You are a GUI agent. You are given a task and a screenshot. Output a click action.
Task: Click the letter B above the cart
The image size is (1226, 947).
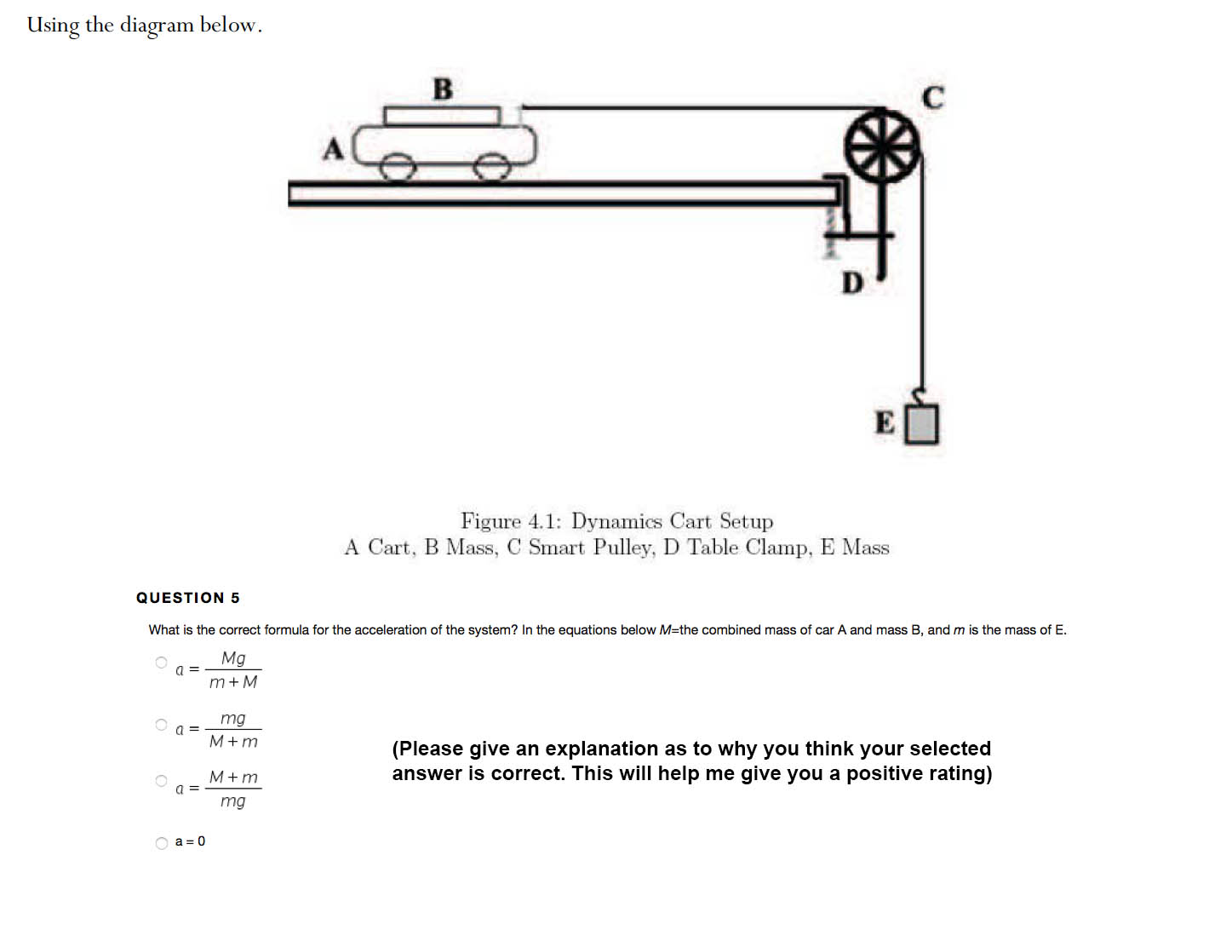coord(443,89)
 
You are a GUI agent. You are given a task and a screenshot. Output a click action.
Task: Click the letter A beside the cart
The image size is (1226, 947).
coord(333,150)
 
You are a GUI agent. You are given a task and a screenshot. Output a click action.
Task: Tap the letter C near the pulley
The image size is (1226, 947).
coord(933,98)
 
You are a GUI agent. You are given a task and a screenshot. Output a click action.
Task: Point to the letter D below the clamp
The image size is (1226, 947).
coord(851,283)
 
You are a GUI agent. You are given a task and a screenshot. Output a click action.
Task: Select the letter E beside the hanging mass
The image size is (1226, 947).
coord(885,422)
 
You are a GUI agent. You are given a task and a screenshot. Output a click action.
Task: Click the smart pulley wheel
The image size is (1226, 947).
coord(882,146)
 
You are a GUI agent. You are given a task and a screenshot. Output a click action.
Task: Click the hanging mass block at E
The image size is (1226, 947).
coord(921,424)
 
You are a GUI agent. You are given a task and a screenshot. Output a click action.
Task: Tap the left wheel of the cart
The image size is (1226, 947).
coord(394,168)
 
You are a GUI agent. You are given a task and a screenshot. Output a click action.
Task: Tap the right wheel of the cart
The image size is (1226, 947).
coord(490,168)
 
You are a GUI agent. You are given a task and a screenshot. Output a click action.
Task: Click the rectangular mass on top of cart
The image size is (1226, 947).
coord(442,116)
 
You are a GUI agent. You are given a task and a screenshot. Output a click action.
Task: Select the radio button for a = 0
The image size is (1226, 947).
coord(162,843)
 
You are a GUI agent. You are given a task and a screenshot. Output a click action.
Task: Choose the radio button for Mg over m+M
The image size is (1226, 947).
coord(162,663)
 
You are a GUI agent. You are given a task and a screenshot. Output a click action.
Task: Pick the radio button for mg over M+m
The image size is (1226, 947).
coord(162,725)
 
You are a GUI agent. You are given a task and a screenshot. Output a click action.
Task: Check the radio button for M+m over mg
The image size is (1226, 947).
coord(162,781)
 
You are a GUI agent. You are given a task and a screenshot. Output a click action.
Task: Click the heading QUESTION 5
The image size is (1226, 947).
coord(188,598)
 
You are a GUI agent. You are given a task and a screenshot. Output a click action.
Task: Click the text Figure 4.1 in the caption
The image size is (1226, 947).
coord(511,520)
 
